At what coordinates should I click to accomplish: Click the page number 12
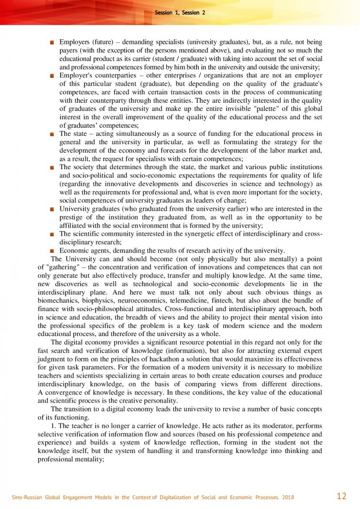click(x=342, y=496)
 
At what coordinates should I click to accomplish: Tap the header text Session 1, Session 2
click(x=180, y=13)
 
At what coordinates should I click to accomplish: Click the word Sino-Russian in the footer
click(x=27, y=497)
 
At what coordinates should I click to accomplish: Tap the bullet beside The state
click(x=52, y=134)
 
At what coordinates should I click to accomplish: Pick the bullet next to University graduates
click(x=52, y=209)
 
